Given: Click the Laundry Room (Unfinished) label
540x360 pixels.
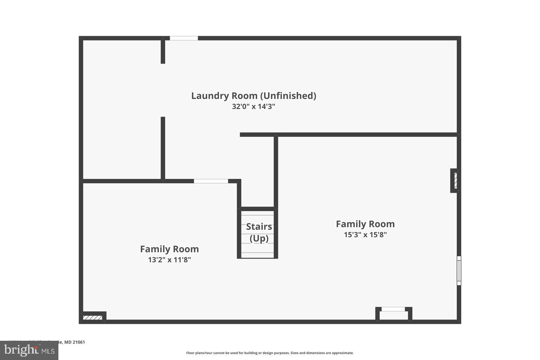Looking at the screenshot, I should tap(253, 96).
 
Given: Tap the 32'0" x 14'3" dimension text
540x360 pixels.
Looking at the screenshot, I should tap(253, 107).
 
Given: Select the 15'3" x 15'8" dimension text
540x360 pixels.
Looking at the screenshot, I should tap(365, 235).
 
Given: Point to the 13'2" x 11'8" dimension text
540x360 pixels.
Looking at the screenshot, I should tap(169, 260).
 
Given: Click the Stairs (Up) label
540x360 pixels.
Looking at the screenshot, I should tap(259, 232).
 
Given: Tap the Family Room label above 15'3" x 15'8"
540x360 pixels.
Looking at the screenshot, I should tap(365, 224).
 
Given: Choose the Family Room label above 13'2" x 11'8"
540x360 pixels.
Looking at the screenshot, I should tap(169, 249).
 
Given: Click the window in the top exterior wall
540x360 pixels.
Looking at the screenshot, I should tap(184, 38).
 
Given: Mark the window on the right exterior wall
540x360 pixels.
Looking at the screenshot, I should tap(459, 270).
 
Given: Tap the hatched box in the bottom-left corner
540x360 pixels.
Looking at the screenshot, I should tap(92, 317).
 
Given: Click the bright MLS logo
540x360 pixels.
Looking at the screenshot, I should tap(29, 350).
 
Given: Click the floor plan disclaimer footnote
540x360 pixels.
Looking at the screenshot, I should tap(270, 353).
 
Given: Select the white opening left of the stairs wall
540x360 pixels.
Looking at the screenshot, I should tap(211, 181).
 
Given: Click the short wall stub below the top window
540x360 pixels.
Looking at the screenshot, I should tap(163, 51).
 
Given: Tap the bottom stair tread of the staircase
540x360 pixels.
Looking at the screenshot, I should tap(258, 255).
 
